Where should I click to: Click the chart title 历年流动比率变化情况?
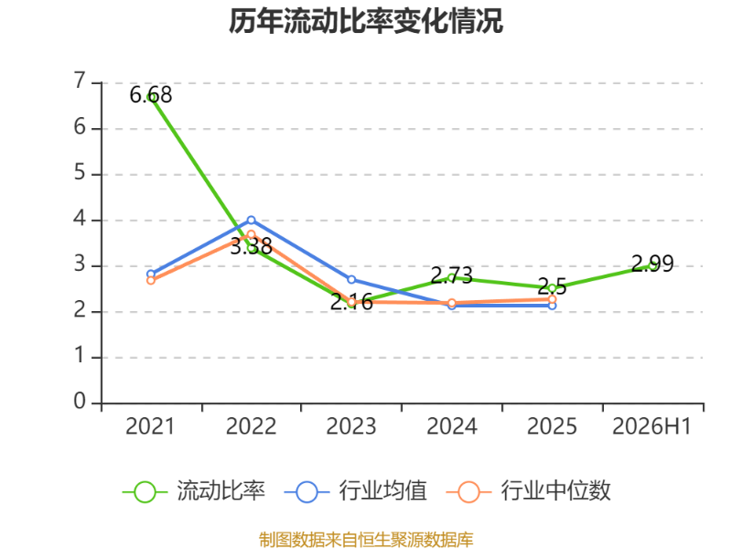click(366, 21)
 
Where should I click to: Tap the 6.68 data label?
click(151, 95)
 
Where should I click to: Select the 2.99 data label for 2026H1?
click(652, 264)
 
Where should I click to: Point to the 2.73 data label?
click(451, 275)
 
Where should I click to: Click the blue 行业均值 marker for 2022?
click(251, 220)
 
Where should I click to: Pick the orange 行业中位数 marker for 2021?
click(151, 281)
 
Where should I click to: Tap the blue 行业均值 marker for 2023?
click(351, 280)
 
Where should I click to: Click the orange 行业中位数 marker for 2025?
click(553, 299)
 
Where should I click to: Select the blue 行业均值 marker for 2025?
click(553, 306)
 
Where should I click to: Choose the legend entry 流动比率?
click(194, 491)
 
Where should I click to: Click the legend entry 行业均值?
click(356, 491)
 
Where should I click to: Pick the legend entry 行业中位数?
click(529, 491)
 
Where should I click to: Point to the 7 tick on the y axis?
click(80, 81)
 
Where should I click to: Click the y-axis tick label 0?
click(80, 402)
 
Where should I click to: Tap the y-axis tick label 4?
click(80, 219)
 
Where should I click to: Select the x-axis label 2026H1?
click(651, 426)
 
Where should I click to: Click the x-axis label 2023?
click(351, 426)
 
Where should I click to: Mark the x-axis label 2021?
click(150, 426)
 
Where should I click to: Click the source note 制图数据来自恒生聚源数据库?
click(366, 540)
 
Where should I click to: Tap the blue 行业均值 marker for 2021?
click(151, 274)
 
